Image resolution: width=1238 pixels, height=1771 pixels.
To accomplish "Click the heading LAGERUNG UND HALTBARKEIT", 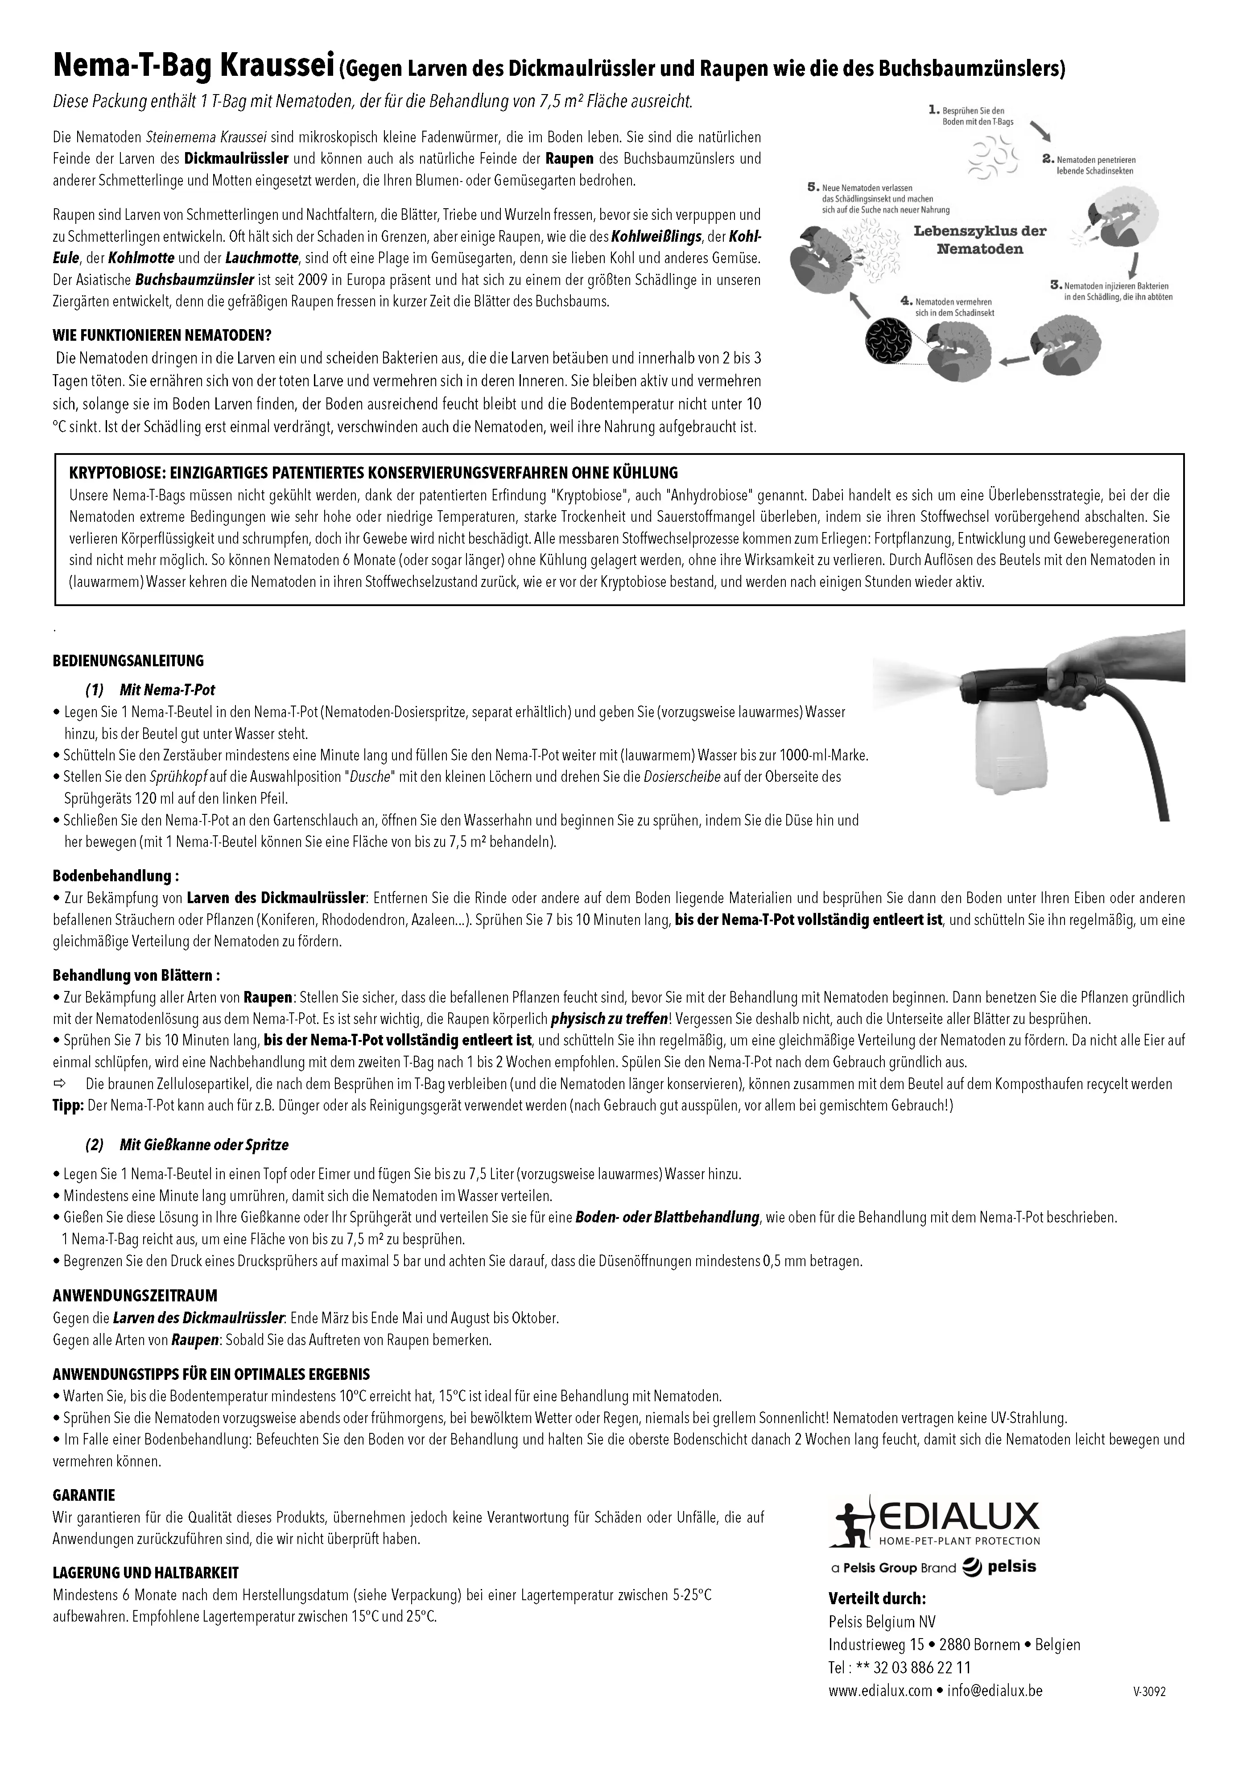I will coord(146,1572).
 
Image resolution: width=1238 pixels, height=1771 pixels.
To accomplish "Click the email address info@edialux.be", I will coord(995,1690).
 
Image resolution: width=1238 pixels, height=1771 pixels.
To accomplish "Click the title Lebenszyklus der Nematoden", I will coord(980,239).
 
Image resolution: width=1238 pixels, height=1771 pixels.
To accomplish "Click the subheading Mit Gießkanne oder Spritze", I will coord(204,1145).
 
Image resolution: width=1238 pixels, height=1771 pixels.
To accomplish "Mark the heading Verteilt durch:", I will coord(877,1598).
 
